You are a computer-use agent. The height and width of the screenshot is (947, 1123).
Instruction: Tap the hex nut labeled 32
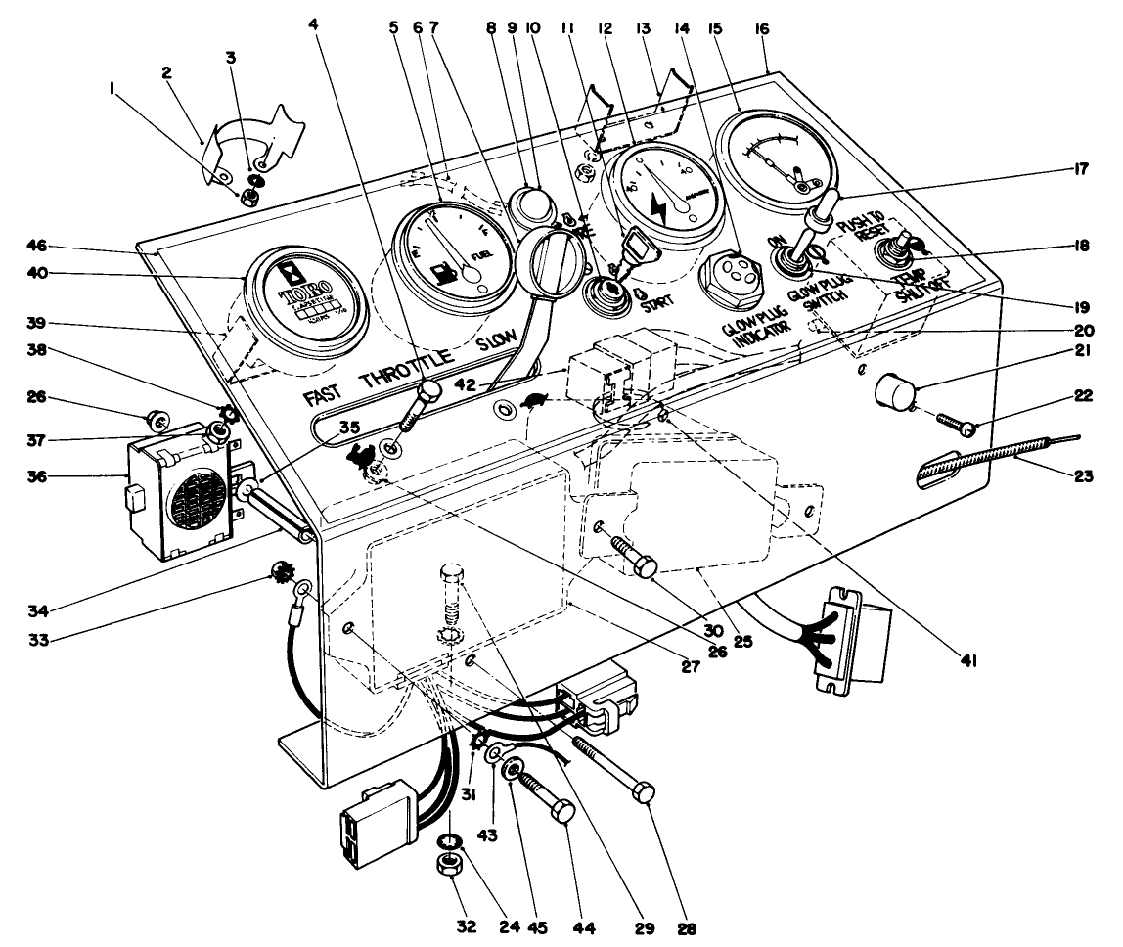(x=450, y=864)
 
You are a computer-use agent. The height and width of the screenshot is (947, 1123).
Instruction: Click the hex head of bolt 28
(x=644, y=792)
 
